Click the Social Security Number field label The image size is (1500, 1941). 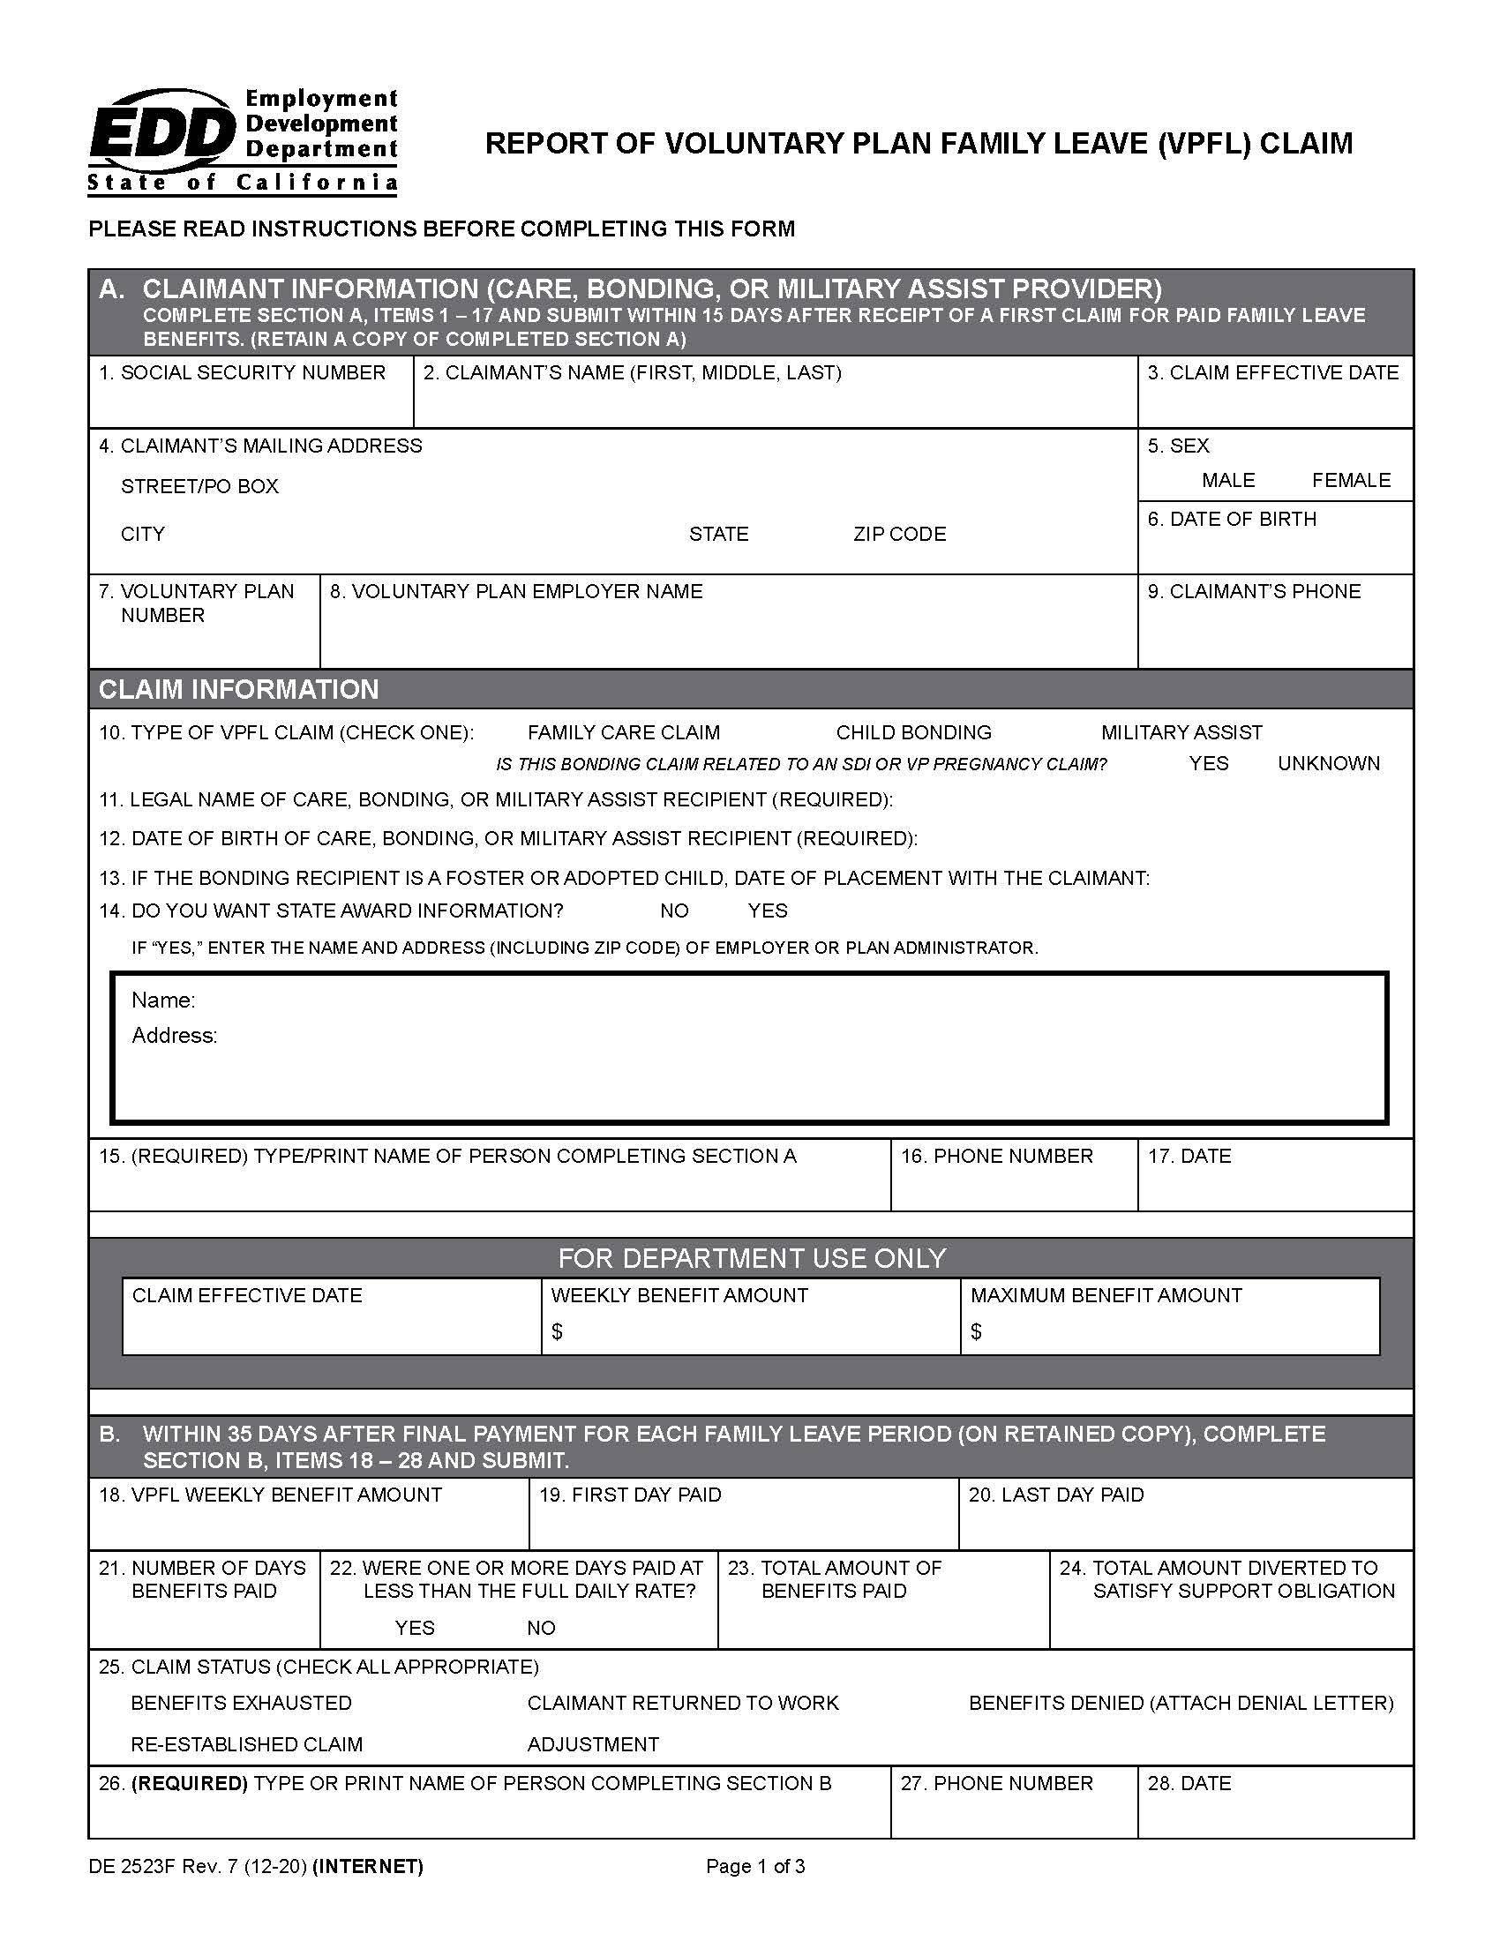(242, 372)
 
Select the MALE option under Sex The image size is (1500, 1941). (1227, 481)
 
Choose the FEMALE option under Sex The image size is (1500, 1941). (1350, 481)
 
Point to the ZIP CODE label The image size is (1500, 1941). (898, 534)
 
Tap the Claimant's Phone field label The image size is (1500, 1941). (1254, 592)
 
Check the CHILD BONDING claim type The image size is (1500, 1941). (912, 733)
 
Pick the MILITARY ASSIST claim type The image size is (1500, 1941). (1180, 733)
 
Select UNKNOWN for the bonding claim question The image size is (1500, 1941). (1328, 763)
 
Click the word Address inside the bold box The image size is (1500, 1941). (174, 1036)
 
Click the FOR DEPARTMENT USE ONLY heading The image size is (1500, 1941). (751, 1258)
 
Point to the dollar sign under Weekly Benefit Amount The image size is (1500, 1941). (557, 1331)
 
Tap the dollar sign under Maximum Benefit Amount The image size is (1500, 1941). (976, 1331)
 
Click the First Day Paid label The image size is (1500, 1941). (630, 1495)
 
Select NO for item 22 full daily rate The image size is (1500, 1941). (540, 1628)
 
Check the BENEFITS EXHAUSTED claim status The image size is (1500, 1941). (241, 1703)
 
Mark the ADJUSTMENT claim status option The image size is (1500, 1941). (593, 1744)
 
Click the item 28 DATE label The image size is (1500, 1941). (1189, 1783)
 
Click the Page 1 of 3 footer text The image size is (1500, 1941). (754, 1866)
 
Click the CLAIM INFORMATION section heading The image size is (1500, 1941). (238, 690)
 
